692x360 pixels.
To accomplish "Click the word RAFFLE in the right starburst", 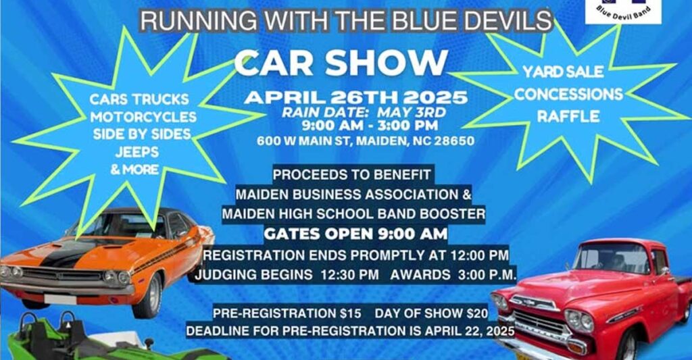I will (568, 116).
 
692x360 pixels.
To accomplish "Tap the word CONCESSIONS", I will (568, 94).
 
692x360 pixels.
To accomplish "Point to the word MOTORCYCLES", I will (143, 117).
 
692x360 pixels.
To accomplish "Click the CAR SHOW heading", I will (341, 63).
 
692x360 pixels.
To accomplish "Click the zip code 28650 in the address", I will (456, 141).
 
